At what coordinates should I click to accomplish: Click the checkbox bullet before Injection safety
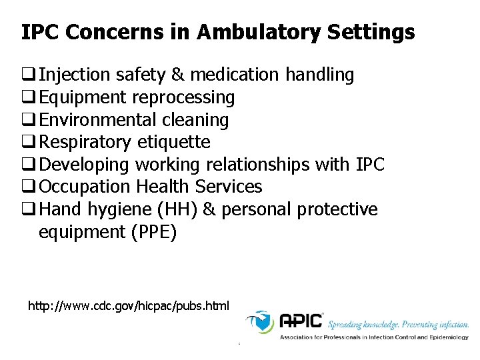(29, 75)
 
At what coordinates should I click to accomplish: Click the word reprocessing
(183, 97)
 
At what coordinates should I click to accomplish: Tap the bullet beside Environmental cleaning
(29, 121)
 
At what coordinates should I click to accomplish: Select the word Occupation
(85, 187)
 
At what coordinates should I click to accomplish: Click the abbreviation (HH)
(175, 210)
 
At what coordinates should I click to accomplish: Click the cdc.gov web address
(128, 307)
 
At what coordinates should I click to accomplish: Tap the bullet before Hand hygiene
(29, 210)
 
